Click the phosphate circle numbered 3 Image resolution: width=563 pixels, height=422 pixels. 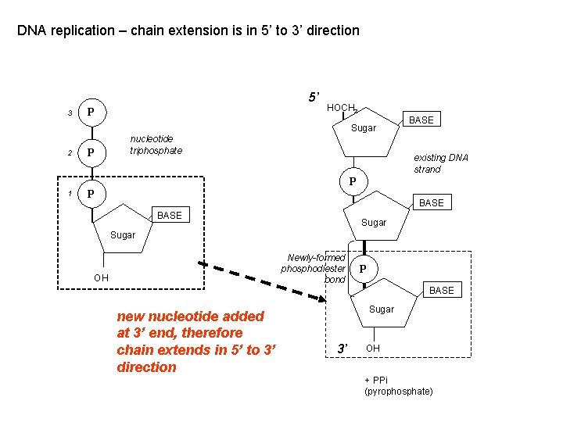click(x=91, y=113)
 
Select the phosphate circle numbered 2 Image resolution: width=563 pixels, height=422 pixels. click(x=91, y=152)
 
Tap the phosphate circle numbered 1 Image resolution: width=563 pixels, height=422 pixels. click(x=91, y=193)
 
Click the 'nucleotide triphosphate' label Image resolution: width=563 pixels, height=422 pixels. click(x=156, y=145)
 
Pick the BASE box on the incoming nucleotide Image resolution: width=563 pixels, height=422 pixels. click(x=170, y=215)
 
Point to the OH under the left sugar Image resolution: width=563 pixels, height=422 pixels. click(x=101, y=277)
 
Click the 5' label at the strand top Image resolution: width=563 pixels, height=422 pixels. click(x=313, y=98)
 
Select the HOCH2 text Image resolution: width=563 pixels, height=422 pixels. click(x=342, y=108)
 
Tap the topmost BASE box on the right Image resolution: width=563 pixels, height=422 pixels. click(x=421, y=120)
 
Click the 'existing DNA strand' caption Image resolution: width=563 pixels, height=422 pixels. click(x=440, y=163)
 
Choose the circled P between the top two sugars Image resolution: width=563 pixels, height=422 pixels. click(x=353, y=181)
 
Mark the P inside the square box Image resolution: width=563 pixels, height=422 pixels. click(x=361, y=269)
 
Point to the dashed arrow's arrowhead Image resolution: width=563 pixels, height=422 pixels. click(x=320, y=298)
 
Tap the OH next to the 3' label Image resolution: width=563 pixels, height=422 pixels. click(x=373, y=348)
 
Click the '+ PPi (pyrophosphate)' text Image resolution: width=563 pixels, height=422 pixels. click(x=398, y=385)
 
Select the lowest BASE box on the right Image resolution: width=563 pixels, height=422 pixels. click(x=441, y=290)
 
